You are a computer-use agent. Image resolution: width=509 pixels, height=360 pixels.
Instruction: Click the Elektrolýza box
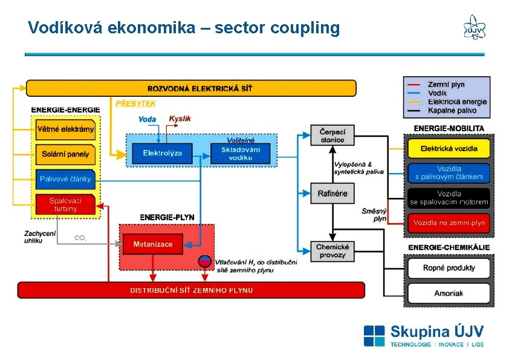tap(162, 153)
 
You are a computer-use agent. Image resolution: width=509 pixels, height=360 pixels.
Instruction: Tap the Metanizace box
tap(153, 244)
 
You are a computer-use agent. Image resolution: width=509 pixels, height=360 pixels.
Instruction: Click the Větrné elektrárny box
tap(65, 129)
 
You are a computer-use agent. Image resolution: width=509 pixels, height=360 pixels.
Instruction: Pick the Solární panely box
tap(65, 154)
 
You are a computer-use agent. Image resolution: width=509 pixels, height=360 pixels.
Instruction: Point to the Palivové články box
tap(65, 179)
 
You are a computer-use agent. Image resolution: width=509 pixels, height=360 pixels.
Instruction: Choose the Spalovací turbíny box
tap(65, 204)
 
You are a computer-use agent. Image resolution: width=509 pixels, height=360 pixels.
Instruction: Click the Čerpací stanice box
tap(332, 136)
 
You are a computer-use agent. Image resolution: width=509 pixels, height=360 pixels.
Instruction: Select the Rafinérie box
tap(332, 194)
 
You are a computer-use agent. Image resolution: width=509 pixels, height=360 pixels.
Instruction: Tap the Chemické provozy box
tap(332, 251)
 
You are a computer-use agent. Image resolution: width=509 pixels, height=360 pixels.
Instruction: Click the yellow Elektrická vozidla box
tap(449, 149)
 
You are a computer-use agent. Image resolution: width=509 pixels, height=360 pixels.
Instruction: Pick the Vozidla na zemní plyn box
tap(449, 223)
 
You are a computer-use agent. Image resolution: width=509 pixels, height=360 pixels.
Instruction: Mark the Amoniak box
tap(449, 293)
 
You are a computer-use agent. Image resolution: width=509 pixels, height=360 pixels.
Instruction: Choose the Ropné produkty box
tap(449, 268)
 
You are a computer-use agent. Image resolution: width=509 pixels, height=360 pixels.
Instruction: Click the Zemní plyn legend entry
tap(446, 85)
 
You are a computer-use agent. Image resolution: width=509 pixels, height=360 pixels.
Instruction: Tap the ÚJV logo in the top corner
tap(474, 28)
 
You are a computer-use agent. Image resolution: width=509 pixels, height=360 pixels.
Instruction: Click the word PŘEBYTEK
tap(135, 104)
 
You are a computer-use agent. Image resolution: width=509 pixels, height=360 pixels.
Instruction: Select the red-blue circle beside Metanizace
tap(205, 261)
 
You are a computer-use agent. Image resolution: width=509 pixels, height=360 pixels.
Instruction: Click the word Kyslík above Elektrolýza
tap(180, 119)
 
